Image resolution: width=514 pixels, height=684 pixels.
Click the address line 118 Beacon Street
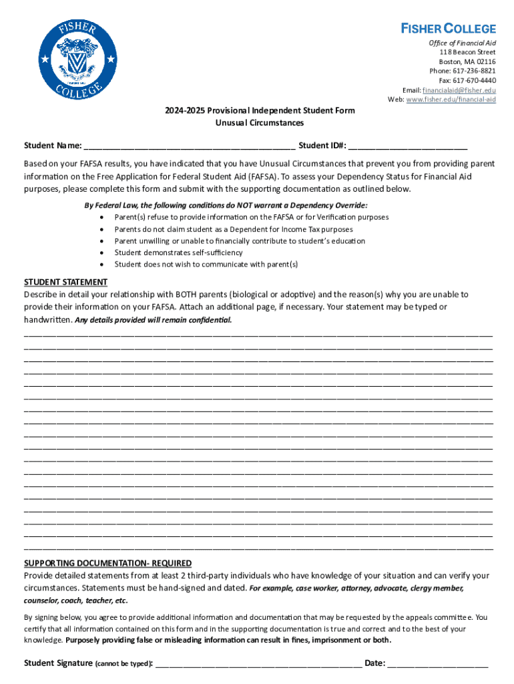point(467,52)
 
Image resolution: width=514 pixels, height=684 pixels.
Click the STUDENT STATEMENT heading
point(66,282)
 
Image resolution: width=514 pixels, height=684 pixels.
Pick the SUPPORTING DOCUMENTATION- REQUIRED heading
point(107,563)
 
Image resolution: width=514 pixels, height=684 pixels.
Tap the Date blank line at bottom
point(437,664)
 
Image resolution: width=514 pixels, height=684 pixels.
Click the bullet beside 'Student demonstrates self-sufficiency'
point(101,253)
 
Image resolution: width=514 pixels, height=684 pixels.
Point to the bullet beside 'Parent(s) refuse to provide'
point(101,218)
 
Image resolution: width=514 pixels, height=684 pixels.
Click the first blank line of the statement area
point(258,334)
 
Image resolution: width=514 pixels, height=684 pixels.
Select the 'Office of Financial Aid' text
point(462,43)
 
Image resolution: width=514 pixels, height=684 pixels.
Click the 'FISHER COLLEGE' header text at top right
point(448,29)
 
